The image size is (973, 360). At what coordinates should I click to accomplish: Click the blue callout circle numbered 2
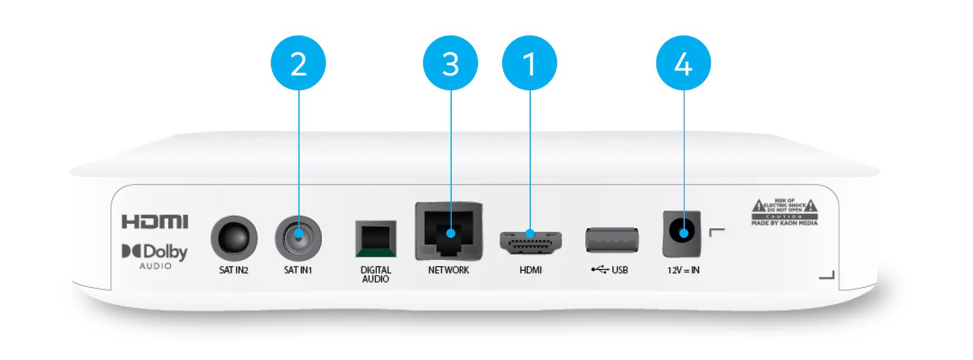click(x=298, y=63)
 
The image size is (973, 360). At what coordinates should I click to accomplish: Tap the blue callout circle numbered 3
click(x=450, y=63)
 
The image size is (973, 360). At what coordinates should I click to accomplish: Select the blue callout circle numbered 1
click(x=529, y=63)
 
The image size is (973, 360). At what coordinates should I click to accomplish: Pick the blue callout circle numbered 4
click(x=683, y=63)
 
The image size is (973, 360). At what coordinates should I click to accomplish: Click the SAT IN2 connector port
click(x=234, y=238)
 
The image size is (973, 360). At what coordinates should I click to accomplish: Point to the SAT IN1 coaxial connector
click(x=298, y=238)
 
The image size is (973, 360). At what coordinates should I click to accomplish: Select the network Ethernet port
click(x=449, y=232)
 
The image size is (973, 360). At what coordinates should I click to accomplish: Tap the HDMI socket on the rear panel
click(x=530, y=242)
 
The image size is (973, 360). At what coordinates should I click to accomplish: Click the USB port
click(x=611, y=240)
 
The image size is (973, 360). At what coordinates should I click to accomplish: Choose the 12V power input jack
click(x=682, y=233)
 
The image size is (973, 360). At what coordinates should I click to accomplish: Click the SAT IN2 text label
click(x=234, y=270)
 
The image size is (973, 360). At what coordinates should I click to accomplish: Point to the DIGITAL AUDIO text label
click(x=376, y=274)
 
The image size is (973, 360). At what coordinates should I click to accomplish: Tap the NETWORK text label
click(x=449, y=270)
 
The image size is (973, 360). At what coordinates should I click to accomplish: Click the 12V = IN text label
click(x=683, y=270)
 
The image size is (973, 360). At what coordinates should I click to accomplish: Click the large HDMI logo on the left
click(x=155, y=222)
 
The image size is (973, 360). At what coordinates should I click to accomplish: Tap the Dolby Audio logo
click(x=155, y=256)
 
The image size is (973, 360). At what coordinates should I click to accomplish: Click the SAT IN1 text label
click(x=298, y=270)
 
